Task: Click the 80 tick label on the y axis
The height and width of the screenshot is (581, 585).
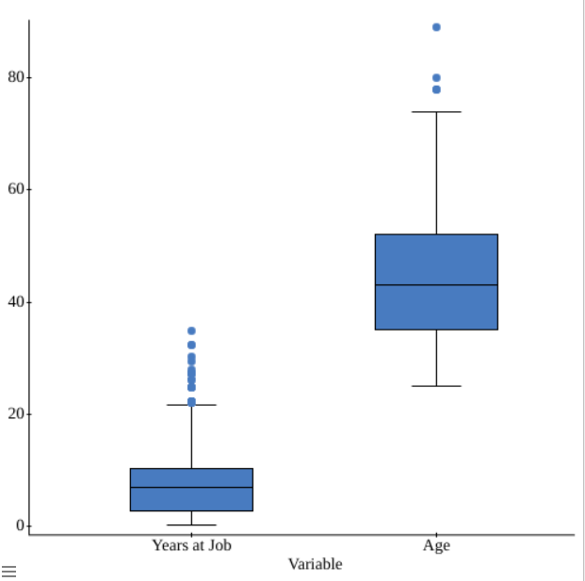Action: [x=14, y=77]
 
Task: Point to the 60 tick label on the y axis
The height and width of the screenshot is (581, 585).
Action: [x=14, y=189]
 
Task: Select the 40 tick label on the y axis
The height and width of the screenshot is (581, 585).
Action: [x=14, y=302]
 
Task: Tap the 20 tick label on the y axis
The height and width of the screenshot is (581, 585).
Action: [x=14, y=414]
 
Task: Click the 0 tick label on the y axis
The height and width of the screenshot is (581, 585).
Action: [x=19, y=526]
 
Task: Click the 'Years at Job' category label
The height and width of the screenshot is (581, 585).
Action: [x=191, y=545]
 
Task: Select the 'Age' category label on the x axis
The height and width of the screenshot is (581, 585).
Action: [x=436, y=545]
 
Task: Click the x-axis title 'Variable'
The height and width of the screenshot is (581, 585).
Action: [x=315, y=564]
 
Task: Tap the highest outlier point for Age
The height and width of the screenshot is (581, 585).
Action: [x=436, y=27]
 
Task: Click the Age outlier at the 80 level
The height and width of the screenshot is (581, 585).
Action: [x=436, y=78]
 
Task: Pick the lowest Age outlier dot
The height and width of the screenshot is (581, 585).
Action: [x=436, y=89]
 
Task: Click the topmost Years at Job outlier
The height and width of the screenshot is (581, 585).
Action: [x=191, y=331]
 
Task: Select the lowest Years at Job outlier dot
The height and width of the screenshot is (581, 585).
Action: [x=191, y=401]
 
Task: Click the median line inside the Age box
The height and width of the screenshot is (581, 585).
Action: [x=436, y=284]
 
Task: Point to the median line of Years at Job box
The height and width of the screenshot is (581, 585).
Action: [x=191, y=487]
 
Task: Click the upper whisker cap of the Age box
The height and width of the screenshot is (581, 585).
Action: [x=436, y=112]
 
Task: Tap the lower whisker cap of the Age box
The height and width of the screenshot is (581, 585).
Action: [x=436, y=386]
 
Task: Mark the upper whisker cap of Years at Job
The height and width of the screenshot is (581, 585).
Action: [x=191, y=405]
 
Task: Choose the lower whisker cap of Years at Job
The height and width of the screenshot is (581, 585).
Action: [x=191, y=525]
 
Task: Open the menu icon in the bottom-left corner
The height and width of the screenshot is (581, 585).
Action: [x=8, y=571]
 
